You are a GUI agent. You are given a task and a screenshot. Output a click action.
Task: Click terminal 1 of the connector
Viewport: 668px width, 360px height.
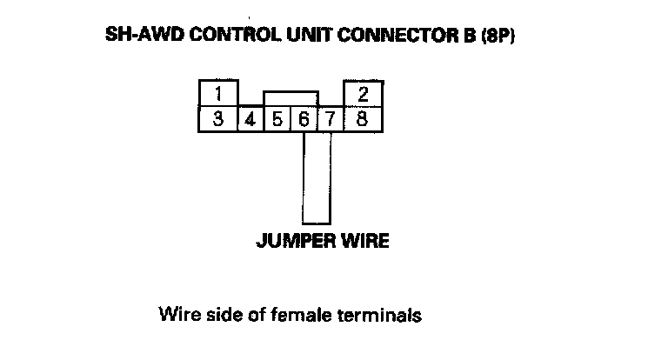(218, 93)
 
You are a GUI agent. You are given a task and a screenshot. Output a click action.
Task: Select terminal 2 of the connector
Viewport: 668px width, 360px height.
(363, 93)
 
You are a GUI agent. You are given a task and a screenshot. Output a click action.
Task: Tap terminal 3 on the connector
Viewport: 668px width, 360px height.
(218, 118)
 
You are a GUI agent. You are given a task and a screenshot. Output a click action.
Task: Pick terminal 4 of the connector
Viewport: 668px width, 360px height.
(250, 119)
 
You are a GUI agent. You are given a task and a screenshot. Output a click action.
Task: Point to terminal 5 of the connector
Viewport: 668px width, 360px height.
(276, 119)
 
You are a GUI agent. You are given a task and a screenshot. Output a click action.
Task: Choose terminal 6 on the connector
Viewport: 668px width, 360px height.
(304, 119)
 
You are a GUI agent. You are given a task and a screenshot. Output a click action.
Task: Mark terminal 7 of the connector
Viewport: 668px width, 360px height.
(331, 119)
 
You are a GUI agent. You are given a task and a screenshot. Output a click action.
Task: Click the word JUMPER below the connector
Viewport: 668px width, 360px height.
(292, 241)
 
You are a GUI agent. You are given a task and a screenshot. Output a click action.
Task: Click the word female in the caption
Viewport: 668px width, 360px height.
(312, 314)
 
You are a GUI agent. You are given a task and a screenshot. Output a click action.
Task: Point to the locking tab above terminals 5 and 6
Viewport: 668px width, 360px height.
(291, 97)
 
